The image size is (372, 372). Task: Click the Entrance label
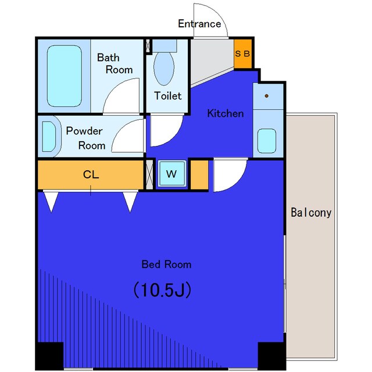coord(199,24)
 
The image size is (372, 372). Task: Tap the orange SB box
coord(243,53)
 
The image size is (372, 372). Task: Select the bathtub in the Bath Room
coord(65,76)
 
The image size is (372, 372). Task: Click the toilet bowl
coord(164,69)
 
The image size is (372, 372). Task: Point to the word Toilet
coord(168,96)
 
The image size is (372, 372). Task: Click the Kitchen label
coord(226,113)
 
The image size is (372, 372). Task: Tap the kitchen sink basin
coord(267,141)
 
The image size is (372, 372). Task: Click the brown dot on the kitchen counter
coord(267,96)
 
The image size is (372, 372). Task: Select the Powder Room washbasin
coord(49,137)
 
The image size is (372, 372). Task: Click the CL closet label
coord(91,175)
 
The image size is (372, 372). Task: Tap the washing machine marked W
coord(171,174)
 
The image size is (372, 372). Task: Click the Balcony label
coord(311,213)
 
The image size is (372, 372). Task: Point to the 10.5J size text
coord(163,289)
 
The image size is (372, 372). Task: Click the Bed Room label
coord(167,264)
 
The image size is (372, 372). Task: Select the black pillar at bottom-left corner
coord(49,355)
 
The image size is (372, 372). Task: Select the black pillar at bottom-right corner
coord(271,355)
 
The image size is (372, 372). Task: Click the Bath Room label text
coord(115,63)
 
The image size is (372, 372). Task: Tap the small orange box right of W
coord(199,175)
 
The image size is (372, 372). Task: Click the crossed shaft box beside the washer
coord(149,175)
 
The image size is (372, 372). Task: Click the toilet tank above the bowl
coord(164,46)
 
